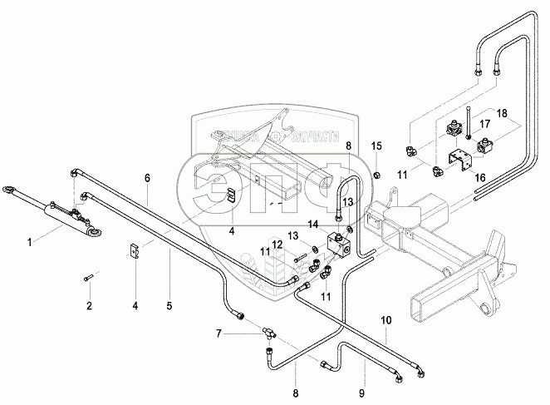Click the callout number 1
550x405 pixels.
click(x=31, y=242)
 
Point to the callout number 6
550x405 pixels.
click(x=147, y=178)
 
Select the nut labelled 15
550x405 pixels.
click(x=376, y=174)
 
